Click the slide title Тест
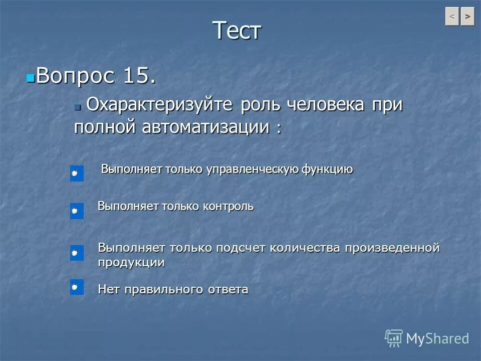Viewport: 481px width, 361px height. click(237, 31)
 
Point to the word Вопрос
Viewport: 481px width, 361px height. click(75, 76)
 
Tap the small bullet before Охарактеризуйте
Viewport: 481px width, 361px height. click(78, 106)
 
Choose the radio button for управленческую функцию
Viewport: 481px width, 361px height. click(76, 173)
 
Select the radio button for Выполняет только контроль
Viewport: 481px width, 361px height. click(76, 211)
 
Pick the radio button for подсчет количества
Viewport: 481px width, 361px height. click(76, 253)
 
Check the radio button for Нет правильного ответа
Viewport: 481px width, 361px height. click(76, 287)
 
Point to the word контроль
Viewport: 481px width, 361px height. click(228, 206)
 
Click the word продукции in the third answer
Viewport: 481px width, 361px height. click(131, 262)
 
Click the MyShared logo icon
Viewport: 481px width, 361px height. click(393, 338)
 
